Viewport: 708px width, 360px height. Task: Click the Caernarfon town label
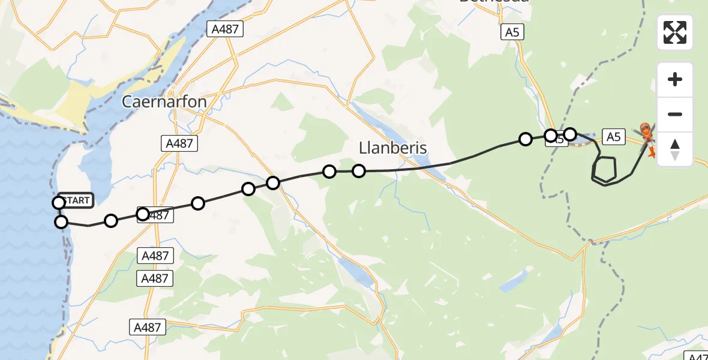click(164, 101)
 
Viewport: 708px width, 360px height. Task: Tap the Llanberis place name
click(392, 148)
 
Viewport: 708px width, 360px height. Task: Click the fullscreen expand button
click(675, 32)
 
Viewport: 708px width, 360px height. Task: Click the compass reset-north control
click(675, 149)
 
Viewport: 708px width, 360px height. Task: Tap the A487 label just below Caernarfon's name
click(179, 143)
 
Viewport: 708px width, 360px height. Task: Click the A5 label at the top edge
click(512, 32)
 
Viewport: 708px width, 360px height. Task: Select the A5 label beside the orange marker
click(613, 137)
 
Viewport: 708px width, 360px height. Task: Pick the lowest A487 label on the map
click(147, 327)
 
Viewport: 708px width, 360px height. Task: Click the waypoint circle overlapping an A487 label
click(143, 214)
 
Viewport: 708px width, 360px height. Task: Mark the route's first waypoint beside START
click(59, 203)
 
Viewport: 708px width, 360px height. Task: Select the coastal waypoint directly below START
click(61, 223)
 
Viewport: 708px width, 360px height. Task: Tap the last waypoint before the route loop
click(570, 134)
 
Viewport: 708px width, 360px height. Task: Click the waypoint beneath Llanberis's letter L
click(359, 171)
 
